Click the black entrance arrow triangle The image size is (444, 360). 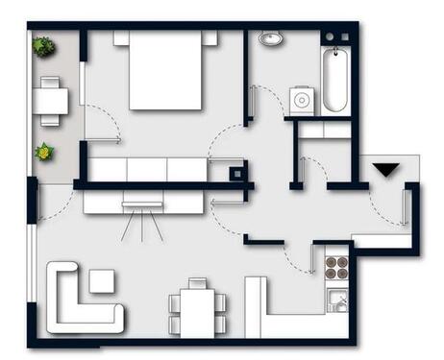tap(385, 170)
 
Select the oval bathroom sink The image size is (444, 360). tap(269, 40)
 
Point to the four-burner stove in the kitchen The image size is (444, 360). tap(336, 263)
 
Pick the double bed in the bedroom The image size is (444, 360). tap(164, 70)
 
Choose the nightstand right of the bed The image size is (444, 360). tap(209, 37)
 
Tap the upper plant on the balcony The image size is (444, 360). tap(43, 46)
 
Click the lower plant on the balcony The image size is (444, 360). tap(43, 152)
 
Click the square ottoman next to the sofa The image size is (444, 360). tap(101, 280)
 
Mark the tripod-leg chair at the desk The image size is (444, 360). tap(141, 216)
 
